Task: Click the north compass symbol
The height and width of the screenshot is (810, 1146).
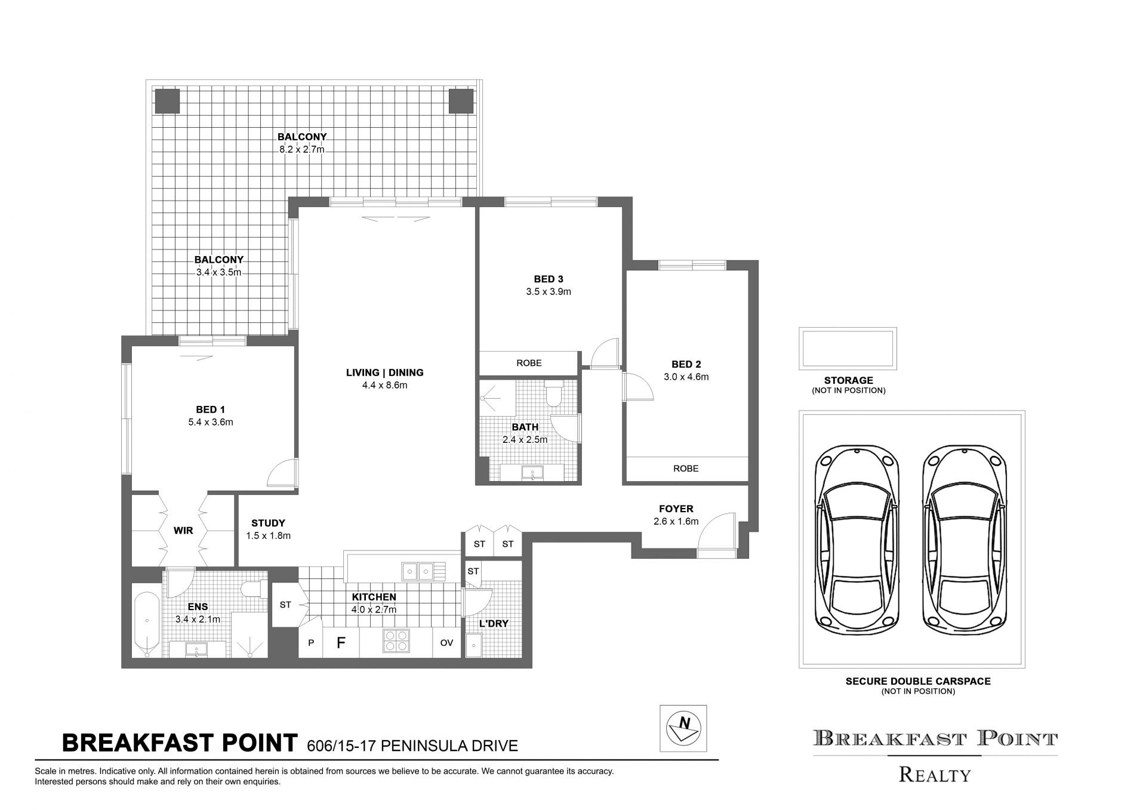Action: point(683,728)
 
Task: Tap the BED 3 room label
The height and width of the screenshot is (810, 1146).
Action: point(549,279)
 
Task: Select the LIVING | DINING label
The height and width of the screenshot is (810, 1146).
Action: point(385,372)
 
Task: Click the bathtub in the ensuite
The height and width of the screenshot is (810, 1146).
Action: point(146,624)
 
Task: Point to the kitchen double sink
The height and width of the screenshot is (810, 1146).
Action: point(417,571)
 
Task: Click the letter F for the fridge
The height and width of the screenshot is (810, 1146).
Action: point(341,643)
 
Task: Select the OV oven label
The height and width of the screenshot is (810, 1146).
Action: point(446,643)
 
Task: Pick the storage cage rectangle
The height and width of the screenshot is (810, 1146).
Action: point(848,349)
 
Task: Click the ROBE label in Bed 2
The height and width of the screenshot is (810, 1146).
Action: point(686,469)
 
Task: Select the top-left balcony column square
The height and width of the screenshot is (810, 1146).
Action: point(167,101)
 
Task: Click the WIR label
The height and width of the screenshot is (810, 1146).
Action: point(183,530)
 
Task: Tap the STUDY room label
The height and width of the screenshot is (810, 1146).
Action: point(268,523)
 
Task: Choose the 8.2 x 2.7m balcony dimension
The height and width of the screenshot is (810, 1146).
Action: point(302,149)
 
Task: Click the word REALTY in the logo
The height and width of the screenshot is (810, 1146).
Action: point(935,775)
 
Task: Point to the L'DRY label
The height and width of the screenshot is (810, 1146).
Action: point(494,624)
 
